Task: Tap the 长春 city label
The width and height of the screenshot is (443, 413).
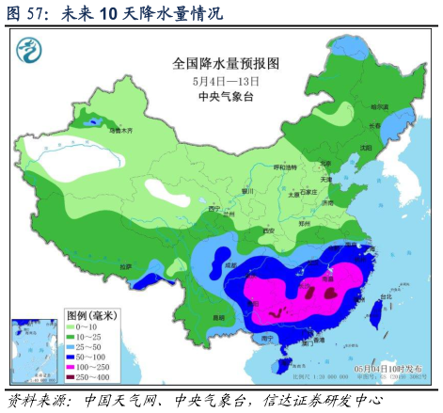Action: (374, 127)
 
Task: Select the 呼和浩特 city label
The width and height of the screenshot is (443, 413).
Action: (284, 167)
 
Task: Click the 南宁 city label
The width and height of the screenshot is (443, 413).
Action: (268, 337)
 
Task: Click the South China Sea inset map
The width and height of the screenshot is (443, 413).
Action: (34, 350)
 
